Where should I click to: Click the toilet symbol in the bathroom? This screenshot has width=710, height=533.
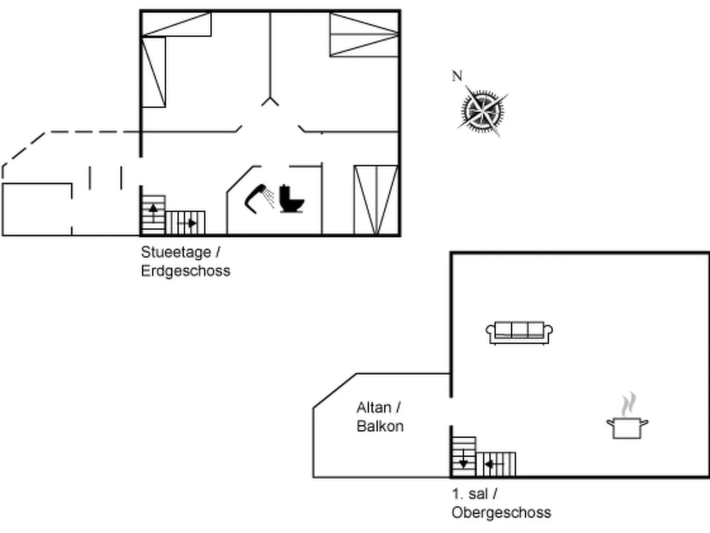[291, 199]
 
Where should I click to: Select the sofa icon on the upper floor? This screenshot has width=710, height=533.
[519, 332]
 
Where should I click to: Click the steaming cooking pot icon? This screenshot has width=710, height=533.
[627, 427]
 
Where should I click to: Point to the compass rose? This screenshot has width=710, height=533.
[482, 111]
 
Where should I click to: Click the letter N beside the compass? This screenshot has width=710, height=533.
[457, 77]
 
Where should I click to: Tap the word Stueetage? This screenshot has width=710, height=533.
[176, 252]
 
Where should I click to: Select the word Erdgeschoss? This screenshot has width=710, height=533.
[186, 271]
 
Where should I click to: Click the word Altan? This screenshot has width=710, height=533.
[374, 407]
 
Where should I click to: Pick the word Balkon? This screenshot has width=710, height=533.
[380, 426]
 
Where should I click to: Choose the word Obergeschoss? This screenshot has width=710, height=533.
[501, 512]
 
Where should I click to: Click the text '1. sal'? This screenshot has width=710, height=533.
[470, 494]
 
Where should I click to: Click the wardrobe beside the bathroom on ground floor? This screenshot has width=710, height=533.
[376, 200]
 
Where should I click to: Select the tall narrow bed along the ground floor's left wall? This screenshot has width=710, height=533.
[153, 72]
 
